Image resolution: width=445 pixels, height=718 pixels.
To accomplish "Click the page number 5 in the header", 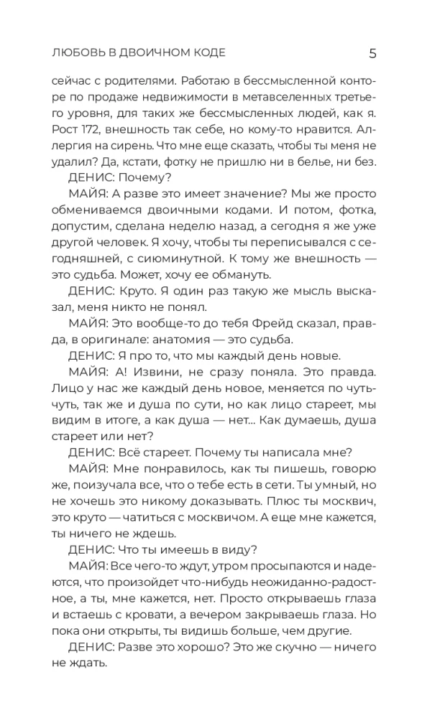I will point(372,52).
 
